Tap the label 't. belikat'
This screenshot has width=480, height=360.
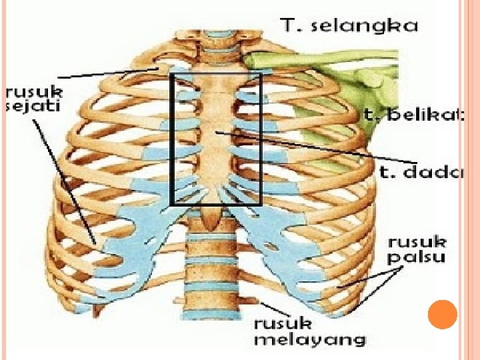[413, 115]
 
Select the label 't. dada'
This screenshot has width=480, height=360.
[422, 173]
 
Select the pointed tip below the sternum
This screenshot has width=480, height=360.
[213, 216]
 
